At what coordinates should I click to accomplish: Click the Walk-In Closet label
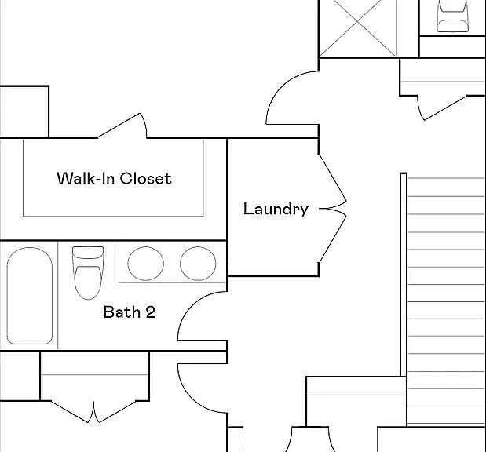click(114, 178)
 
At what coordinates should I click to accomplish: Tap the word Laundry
click(276, 209)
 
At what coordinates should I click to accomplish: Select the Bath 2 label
click(130, 312)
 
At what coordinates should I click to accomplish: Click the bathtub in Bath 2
click(30, 296)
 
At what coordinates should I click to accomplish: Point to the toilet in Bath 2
click(88, 272)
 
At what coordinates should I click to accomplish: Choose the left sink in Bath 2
click(146, 264)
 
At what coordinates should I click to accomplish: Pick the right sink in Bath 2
click(198, 264)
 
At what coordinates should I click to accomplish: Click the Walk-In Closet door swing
click(122, 125)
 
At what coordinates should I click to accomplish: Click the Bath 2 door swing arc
click(190, 305)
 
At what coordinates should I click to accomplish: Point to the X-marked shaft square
click(358, 28)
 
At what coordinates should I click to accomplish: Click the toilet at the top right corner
click(452, 16)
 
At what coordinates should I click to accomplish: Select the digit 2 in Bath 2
click(150, 312)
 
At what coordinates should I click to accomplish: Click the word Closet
click(146, 178)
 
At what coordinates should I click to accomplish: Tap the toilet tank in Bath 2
click(88, 253)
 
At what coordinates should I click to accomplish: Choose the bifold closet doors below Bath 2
click(93, 411)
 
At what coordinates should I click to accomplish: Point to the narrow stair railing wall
click(404, 275)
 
